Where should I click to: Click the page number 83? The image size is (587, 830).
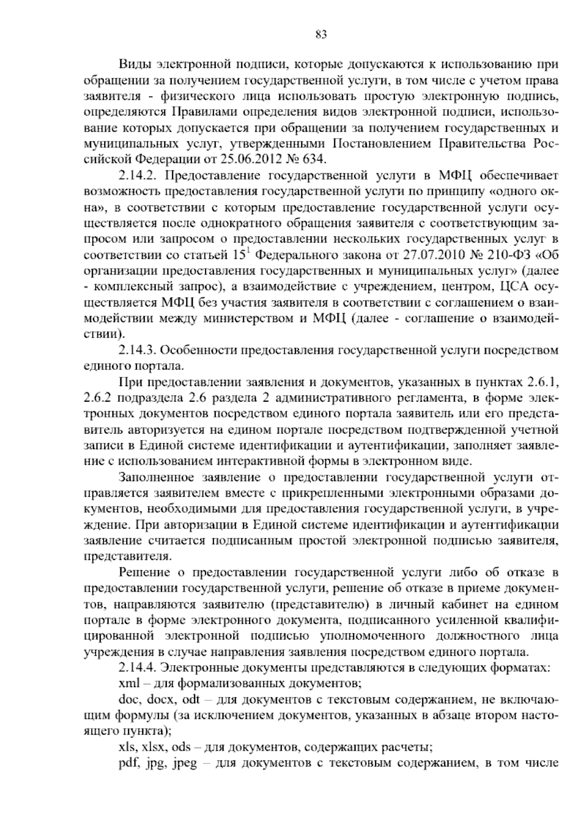point(321,34)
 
